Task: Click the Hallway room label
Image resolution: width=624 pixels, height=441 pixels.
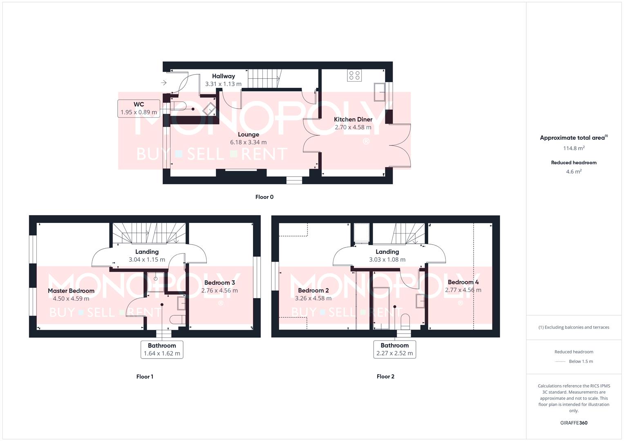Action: pos(224,76)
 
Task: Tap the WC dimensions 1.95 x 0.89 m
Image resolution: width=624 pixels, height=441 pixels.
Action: pos(139,112)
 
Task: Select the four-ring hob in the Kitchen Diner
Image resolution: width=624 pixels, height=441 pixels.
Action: pos(354,76)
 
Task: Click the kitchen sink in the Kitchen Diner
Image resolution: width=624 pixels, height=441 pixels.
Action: pos(379,92)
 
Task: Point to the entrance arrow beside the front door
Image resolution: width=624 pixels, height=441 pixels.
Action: pos(164,82)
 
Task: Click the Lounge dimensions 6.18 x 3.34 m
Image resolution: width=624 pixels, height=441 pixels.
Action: pos(248,142)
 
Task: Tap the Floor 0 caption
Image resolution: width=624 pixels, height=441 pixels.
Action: pos(264,197)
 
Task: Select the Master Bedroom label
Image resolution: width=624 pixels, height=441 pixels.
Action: pos(71,291)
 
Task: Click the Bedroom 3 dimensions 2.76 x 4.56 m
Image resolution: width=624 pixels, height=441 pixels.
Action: pos(219,290)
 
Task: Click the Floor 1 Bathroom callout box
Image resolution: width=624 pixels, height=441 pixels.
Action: pos(162,350)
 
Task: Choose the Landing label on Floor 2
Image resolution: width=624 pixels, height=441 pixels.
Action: pos(387,252)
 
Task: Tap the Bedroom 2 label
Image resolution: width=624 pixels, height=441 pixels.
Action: pos(313,290)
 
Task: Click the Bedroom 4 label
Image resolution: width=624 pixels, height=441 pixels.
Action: pos(463,282)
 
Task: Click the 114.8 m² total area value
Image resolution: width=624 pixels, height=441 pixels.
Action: pos(574,148)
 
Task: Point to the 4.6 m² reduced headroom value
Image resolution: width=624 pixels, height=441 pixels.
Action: pos(574,171)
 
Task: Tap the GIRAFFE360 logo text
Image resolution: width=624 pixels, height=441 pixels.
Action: pos(574,423)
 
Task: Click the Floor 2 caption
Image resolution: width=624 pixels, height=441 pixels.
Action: pos(385,376)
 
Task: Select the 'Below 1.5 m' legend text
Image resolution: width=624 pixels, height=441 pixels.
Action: pos(581,361)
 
